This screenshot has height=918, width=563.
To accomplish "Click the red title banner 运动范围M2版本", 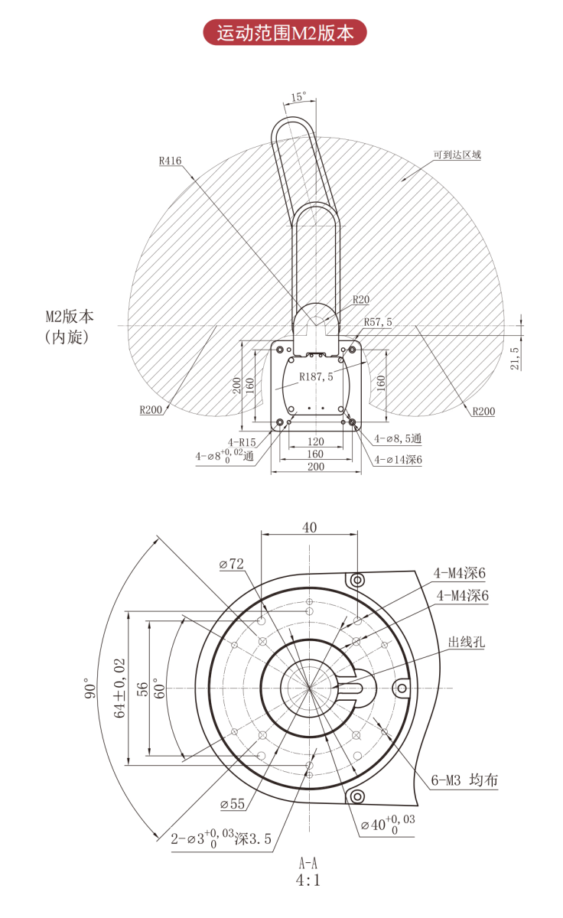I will coord(285,33).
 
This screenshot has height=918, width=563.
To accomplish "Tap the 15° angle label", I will coord(298,97).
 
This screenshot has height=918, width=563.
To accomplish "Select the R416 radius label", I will coord(171,161).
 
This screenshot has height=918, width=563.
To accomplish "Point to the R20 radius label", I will coord(361,299).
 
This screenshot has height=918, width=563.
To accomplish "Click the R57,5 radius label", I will coord(378,322).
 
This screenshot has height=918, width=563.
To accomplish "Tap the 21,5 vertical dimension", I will coord(515,358).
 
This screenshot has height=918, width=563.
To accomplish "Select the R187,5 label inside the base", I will coord(317,376).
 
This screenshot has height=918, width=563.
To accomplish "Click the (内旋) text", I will coord(67,337).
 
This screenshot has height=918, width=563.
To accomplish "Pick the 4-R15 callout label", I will coord(241,441).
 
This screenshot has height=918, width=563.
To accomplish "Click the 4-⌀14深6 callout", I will coord(399,460).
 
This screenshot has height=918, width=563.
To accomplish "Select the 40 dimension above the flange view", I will coord(309,528).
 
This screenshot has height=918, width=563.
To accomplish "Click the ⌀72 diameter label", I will coord(231,564).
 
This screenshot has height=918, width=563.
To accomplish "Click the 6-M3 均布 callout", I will coord(464,780).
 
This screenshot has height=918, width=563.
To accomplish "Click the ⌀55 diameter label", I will coord(232,804).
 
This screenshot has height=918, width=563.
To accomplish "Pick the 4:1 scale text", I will coord(308,880).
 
